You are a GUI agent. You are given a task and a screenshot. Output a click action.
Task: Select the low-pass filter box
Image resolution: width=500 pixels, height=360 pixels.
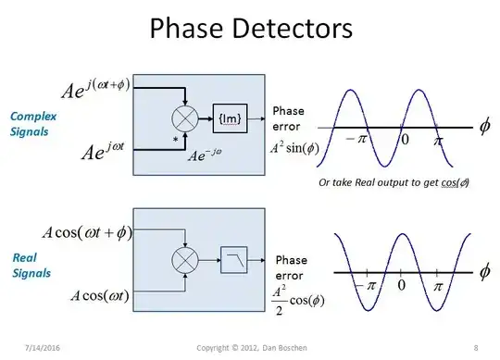pos(231,262)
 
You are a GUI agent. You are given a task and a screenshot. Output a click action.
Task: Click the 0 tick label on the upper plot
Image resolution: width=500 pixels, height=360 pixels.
pos(403,140)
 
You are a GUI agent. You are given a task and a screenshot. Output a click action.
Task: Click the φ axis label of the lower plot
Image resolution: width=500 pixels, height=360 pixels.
pos(483,272)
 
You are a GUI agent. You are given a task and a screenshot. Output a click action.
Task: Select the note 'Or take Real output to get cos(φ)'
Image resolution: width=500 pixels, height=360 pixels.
pos(393,181)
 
